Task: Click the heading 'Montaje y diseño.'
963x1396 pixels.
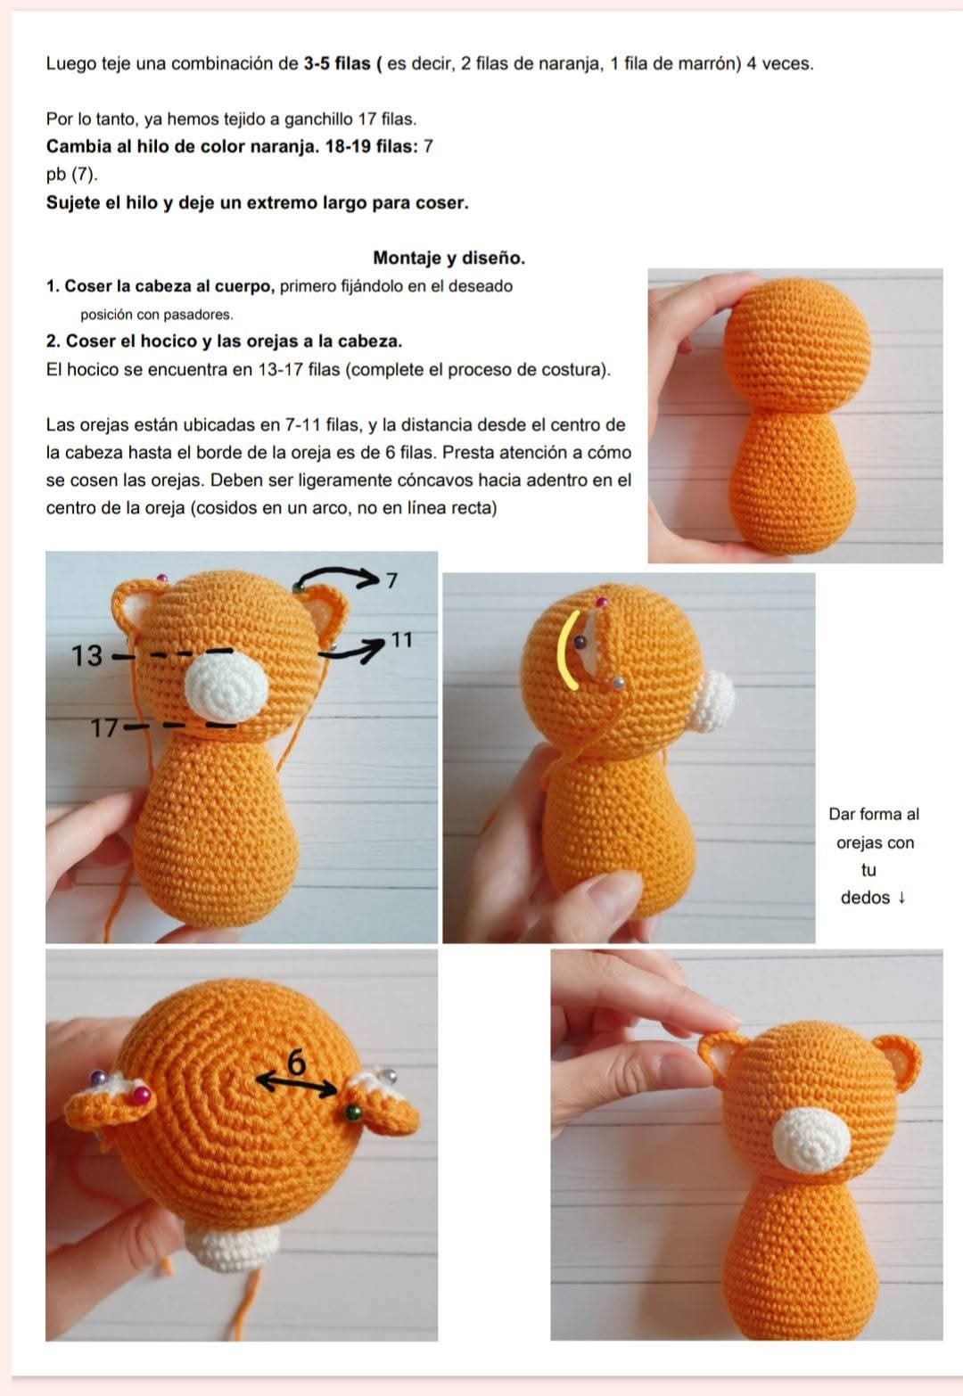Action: [449, 258]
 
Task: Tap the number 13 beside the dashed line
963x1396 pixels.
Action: [86, 655]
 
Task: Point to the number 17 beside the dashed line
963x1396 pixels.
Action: [104, 727]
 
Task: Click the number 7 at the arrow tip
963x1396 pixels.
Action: [391, 581]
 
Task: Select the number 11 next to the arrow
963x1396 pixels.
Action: [402, 640]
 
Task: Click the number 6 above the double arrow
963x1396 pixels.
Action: [297, 1063]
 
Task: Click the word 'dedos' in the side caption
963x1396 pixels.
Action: [865, 898]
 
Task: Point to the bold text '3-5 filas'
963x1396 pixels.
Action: [337, 63]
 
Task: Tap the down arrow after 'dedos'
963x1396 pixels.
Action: [901, 898]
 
